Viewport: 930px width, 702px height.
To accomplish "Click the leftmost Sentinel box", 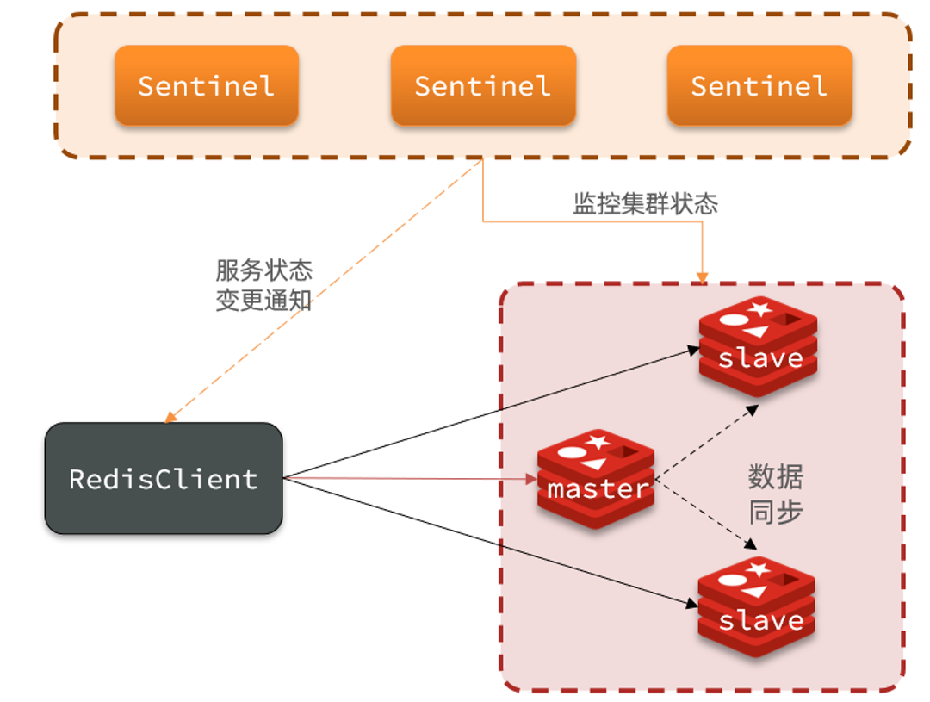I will tap(207, 85).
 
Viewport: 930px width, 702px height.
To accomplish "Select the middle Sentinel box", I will tap(483, 85).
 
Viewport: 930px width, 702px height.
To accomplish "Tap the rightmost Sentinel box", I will tap(759, 85).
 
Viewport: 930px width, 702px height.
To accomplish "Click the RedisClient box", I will tap(164, 478).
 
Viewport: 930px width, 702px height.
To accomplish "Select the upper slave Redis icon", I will tap(758, 345).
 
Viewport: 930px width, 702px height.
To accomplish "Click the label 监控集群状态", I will tap(645, 204).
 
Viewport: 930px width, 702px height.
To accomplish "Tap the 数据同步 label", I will tap(775, 494).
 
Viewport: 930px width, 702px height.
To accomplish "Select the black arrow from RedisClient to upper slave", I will tap(491, 413).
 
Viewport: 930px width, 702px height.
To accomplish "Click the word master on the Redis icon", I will tap(598, 489).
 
